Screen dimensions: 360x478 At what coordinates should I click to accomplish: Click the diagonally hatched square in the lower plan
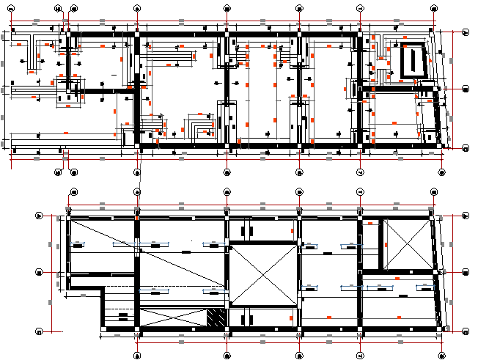216,318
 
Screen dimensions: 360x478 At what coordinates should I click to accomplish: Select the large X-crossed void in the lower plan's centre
264,276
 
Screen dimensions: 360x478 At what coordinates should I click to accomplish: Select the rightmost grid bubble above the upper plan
441,9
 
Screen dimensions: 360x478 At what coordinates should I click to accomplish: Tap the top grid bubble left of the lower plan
40,216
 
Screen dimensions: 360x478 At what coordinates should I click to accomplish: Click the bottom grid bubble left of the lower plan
40,331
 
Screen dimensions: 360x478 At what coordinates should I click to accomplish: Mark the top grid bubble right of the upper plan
466,32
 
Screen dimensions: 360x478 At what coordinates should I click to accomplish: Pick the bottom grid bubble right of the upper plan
466,149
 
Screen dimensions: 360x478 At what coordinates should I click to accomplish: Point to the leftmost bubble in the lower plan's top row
73,192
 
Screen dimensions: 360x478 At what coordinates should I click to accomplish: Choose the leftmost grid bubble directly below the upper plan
59,173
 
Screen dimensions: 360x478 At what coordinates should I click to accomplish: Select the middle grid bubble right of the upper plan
466,89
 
